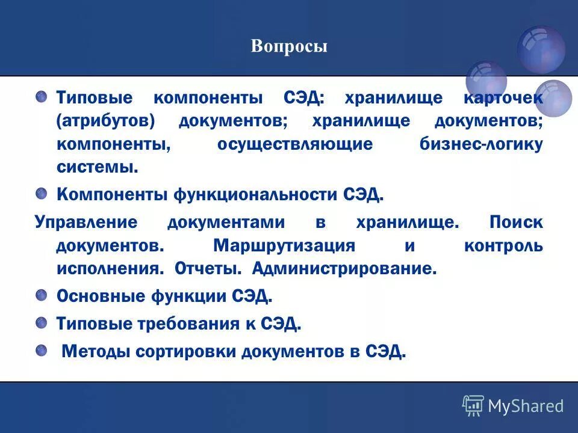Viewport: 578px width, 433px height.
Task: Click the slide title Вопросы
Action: tap(289, 47)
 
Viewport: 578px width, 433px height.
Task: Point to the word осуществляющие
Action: tap(294, 144)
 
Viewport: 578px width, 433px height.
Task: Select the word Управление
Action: tap(86, 223)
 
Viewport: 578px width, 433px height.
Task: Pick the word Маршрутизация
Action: tap(283, 246)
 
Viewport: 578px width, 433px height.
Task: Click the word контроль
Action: tap(503, 246)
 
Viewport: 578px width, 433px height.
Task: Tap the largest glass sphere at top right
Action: tap(541, 49)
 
